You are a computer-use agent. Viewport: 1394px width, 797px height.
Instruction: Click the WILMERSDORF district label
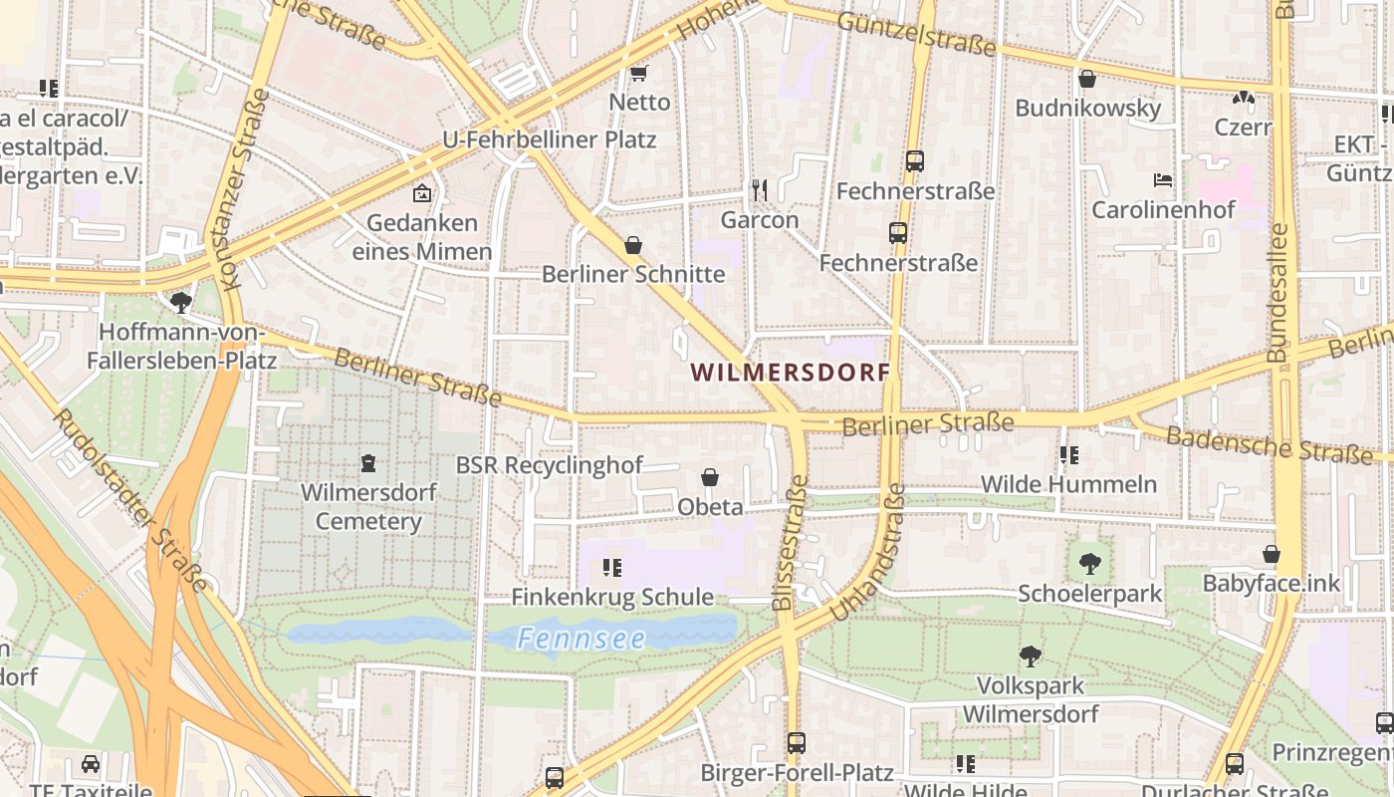point(791,373)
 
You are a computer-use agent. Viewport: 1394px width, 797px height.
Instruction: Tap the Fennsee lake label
point(581,639)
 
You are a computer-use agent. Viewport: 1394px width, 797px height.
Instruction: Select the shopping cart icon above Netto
point(639,73)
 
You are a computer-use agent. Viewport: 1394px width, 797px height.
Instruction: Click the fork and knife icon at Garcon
point(760,189)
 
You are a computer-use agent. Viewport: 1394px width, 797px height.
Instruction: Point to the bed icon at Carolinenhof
point(1162,180)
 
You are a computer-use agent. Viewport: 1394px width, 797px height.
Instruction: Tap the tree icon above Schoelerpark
point(1090,563)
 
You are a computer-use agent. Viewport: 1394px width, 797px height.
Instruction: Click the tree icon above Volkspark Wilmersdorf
point(1031,656)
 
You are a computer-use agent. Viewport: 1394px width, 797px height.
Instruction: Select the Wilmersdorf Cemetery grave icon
point(368,463)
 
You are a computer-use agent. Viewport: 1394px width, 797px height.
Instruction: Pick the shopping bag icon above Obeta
point(710,477)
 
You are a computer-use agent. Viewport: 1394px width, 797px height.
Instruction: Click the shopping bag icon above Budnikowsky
point(1087,78)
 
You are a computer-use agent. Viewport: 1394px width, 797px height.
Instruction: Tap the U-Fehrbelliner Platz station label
point(550,139)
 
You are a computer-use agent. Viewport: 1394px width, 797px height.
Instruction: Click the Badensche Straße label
point(1269,444)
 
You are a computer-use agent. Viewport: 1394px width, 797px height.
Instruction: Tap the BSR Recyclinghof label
point(550,465)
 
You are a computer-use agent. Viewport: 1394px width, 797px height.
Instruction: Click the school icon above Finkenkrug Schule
point(612,568)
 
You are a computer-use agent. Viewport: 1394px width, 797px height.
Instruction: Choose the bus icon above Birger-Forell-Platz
point(796,742)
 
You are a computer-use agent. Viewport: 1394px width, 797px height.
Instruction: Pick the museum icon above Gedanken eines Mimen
point(422,193)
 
